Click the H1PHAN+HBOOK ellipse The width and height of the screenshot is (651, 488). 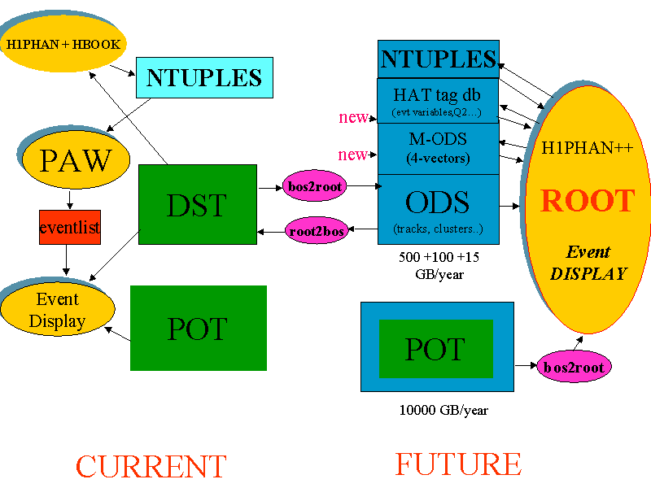63,44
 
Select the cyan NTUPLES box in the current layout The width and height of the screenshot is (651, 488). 203,77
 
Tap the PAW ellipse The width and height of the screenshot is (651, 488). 75,159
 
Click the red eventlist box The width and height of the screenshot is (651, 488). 69,228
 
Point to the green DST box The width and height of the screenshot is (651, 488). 198,204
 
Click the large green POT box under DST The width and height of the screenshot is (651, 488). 198,328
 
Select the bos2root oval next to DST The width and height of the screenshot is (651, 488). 315,187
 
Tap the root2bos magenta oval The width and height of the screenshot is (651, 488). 317,231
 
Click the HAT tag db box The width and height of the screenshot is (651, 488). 438,100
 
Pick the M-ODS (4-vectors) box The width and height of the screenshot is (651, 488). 438,148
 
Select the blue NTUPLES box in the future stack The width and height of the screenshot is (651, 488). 438,59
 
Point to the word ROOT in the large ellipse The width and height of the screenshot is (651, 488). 588,201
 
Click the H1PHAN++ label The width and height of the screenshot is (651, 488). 588,149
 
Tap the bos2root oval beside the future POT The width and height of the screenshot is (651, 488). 574,367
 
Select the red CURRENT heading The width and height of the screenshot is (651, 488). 151,467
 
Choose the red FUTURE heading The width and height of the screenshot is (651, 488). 458,464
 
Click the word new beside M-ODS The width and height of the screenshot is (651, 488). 353,155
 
